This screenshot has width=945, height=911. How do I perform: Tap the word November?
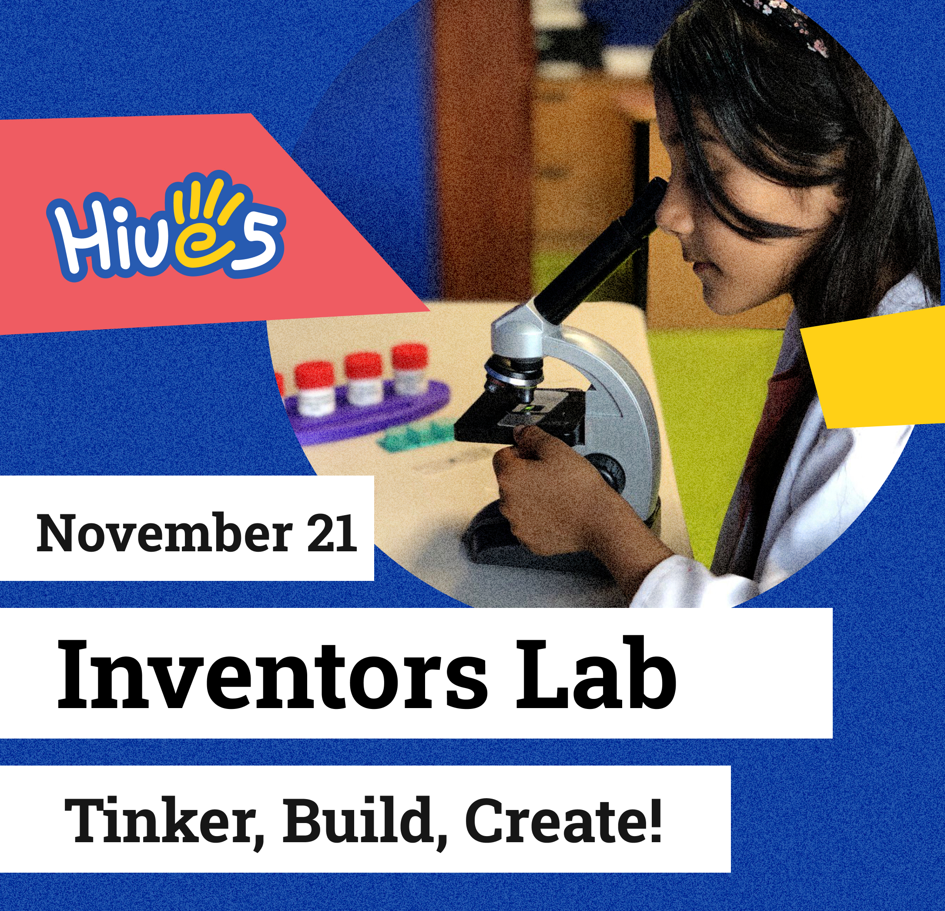click(164, 533)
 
